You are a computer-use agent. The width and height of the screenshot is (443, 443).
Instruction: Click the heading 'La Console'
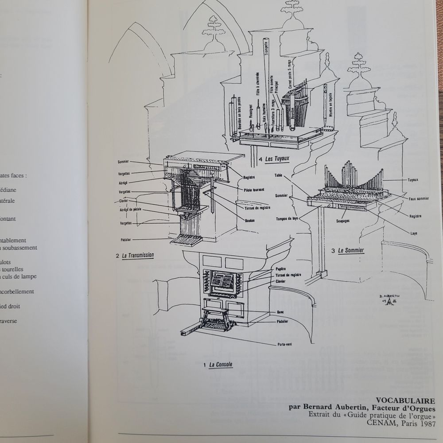[221, 365]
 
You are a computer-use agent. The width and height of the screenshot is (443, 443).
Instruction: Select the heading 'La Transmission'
[137, 256]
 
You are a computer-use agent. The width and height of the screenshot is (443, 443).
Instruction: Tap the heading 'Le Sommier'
[350, 251]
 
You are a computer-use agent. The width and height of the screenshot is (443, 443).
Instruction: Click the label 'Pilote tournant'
[254, 189]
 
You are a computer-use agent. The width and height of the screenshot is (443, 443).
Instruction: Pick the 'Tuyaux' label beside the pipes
[412, 180]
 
